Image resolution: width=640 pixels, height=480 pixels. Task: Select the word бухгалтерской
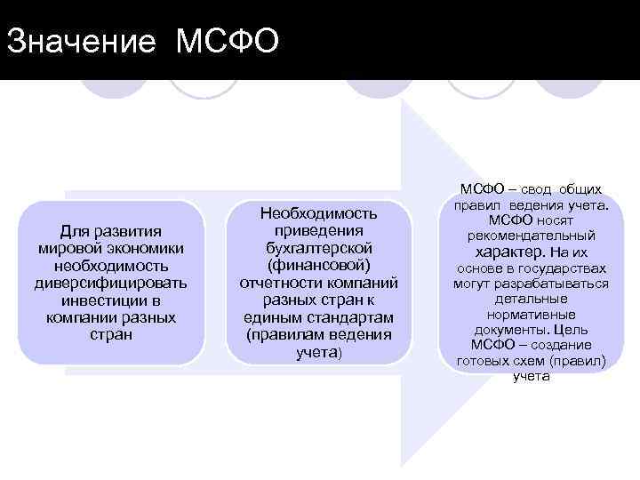tap(317, 248)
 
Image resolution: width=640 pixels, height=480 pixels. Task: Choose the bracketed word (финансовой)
tap(317, 265)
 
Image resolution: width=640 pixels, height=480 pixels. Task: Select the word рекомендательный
tap(532, 236)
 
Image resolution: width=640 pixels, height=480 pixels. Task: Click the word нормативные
tap(532, 315)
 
